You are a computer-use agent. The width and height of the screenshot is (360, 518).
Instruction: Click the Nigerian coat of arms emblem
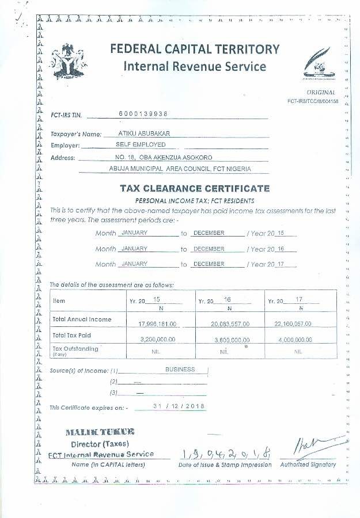pos(68,62)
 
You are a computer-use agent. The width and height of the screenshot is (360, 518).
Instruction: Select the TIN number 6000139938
pos(143,113)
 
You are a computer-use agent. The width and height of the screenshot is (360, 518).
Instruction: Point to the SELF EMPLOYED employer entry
pos(141,144)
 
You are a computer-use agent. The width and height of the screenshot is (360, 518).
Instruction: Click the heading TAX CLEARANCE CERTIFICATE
pos(195,188)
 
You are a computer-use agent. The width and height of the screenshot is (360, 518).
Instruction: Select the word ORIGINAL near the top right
pos(321,92)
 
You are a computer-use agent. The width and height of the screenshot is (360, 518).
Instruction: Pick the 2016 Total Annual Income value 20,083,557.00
pos(230,323)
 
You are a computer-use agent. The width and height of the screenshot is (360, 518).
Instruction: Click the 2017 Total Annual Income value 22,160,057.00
pos(298,323)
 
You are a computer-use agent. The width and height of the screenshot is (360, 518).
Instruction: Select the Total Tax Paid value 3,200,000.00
pos(158,340)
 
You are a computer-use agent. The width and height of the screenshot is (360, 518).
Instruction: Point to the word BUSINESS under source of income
pos(180,370)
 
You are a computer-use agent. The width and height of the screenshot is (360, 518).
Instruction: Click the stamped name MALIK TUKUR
pos(100,432)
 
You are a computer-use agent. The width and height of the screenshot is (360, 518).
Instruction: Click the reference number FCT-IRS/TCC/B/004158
pos(314,101)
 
